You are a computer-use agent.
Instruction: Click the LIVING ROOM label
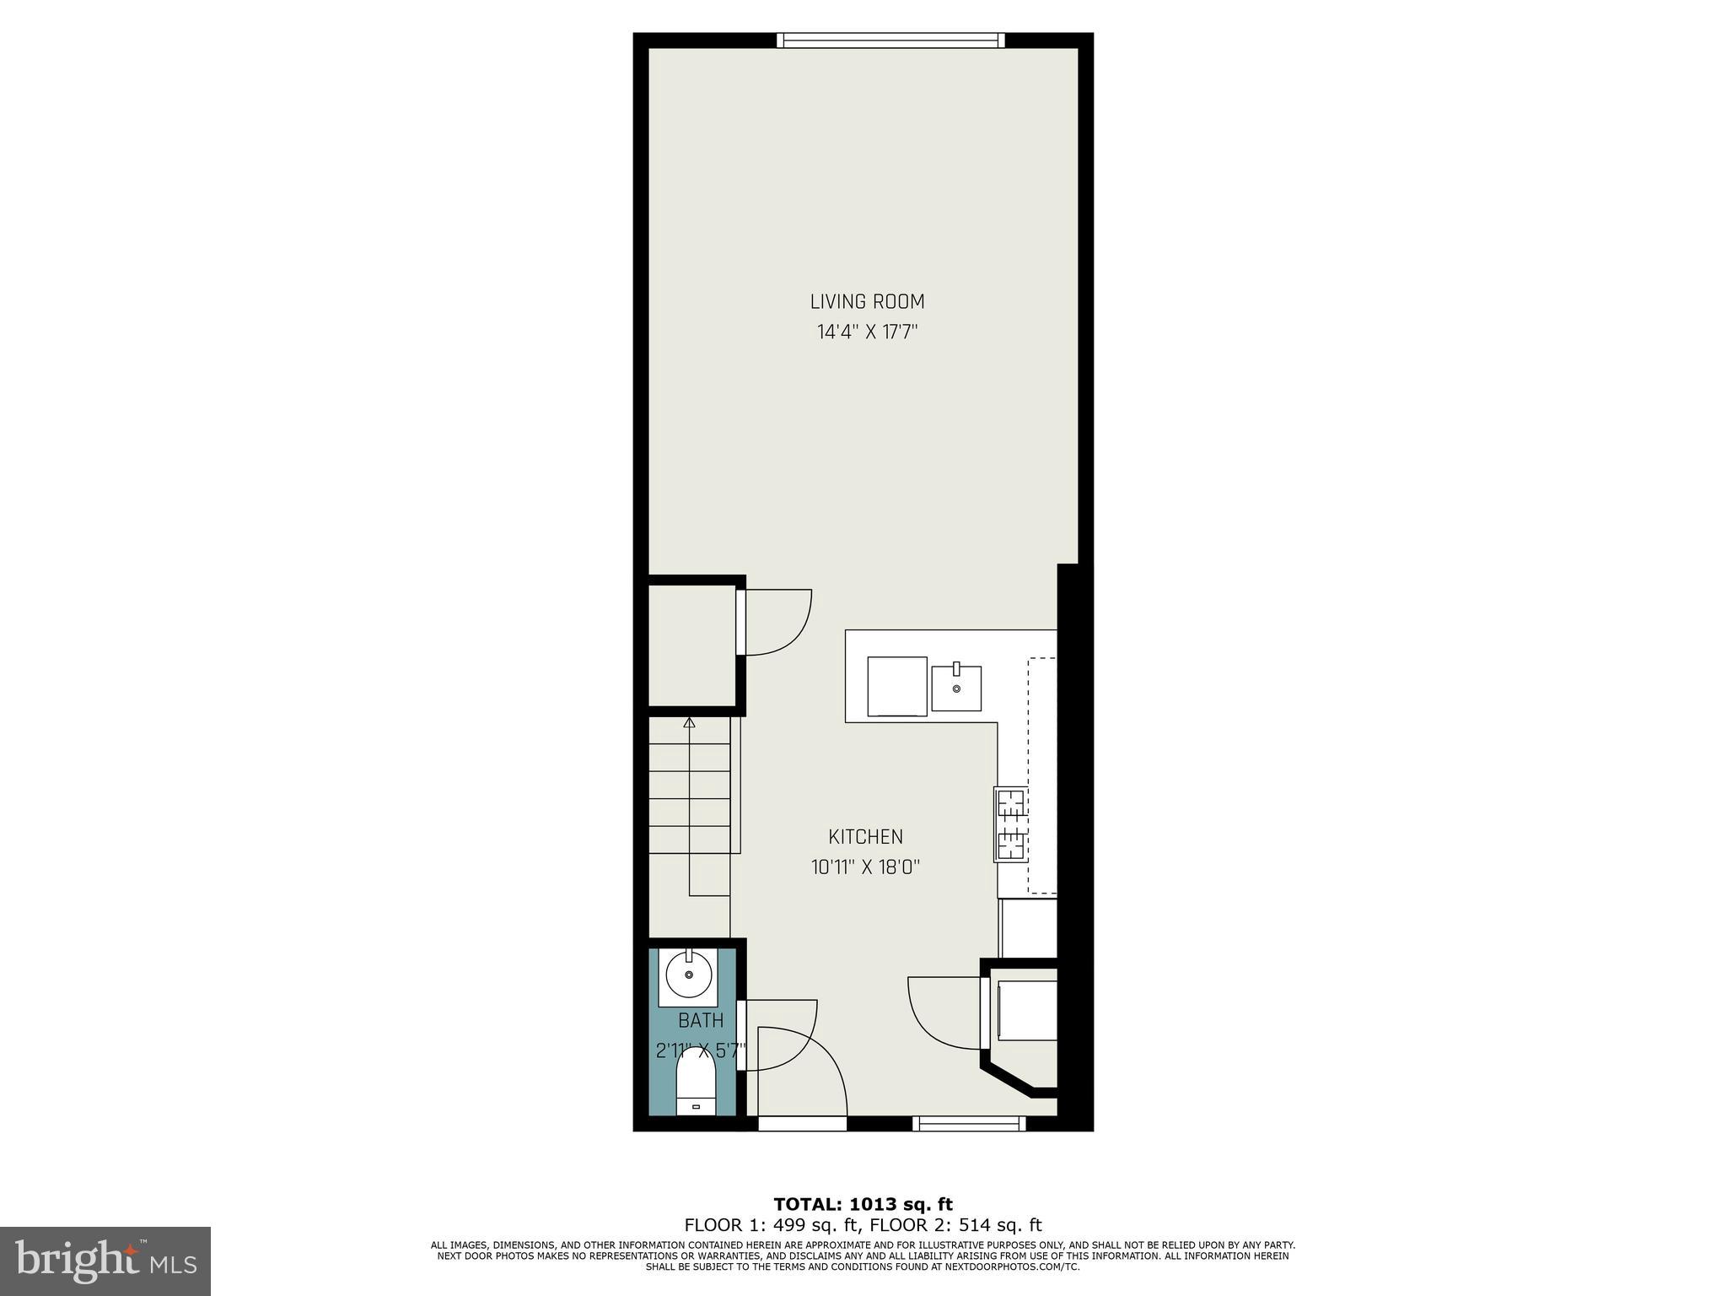pyautogui.click(x=867, y=301)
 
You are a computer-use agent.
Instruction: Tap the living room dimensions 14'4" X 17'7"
pyautogui.click(x=867, y=332)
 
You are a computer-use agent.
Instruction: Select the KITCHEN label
pyautogui.click(x=865, y=836)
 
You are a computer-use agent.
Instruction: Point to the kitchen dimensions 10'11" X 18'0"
pyautogui.click(x=865, y=867)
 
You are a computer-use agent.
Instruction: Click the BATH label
pyautogui.click(x=701, y=1020)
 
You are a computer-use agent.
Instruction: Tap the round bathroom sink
pyautogui.click(x=689, y=975)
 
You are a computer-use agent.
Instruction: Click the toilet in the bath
pyautogui.click(x=696, y=1091)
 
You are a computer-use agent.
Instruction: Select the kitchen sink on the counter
pyautogui.click(x=956, y=688)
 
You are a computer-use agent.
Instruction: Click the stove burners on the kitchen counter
pyautogui.click(x=1011, y=823)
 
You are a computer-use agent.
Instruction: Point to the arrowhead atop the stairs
pyautogui.click(x=689, y=722)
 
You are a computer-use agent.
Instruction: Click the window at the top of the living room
pyautogui.click(x=890, y=40)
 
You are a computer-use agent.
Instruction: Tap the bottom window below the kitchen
pyautogui.click(x=968, y=1123)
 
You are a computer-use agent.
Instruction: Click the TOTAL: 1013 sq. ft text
pyautogui.click(x=863, y=1204)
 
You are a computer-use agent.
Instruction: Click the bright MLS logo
pyautogui.click(x=105, y=1261)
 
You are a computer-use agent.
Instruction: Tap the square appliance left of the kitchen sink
pyautogui.click(x=897, y=686)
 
